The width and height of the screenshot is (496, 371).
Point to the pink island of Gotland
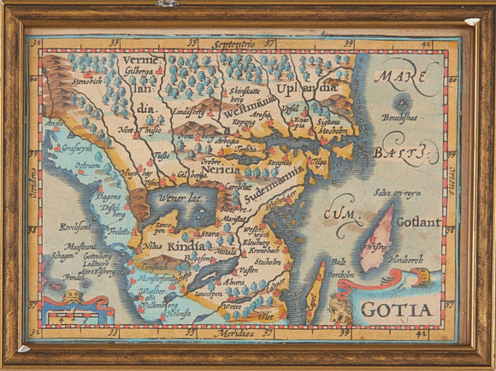375,239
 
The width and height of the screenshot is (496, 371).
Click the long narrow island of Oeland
316,287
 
